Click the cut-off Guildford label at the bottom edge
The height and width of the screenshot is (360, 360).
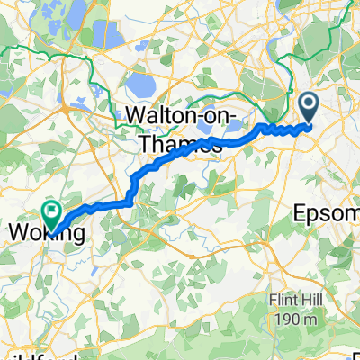(13, 355)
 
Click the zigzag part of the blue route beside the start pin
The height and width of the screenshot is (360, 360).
(284, 129)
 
